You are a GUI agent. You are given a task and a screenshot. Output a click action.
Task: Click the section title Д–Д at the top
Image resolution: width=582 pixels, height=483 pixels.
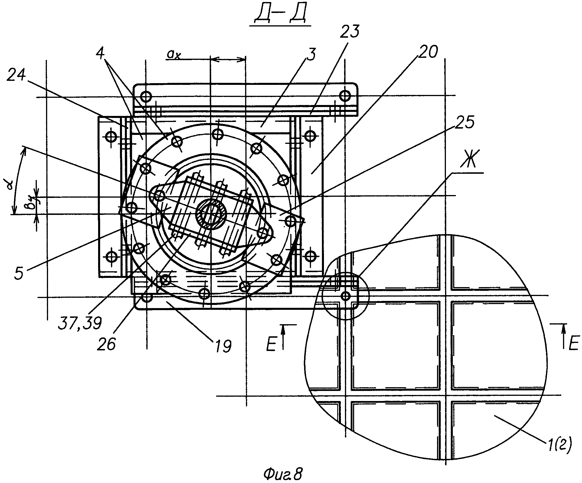pyautogui.click(x=279, y=14)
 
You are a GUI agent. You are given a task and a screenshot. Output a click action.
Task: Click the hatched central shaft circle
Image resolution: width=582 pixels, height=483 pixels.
pyautogui.click(x=211, y=214)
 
